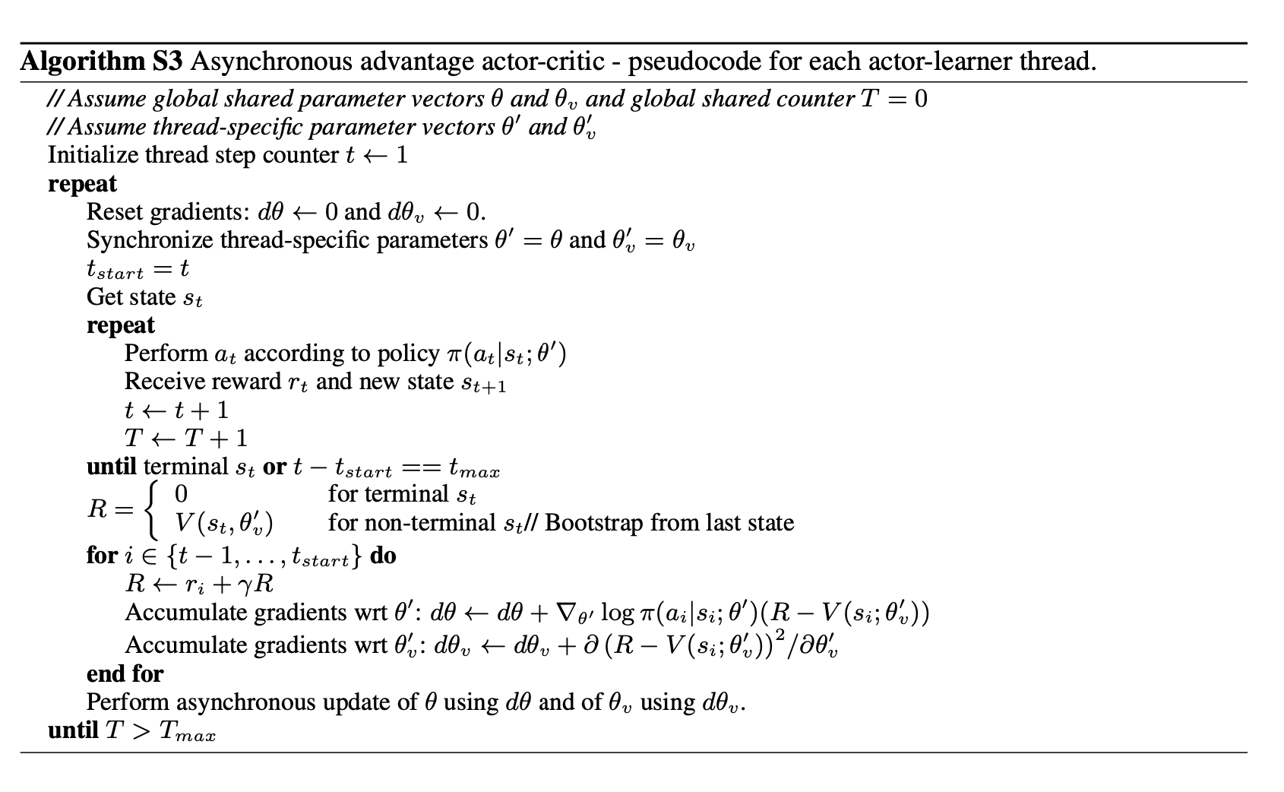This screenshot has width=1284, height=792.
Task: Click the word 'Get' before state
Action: [103, 296]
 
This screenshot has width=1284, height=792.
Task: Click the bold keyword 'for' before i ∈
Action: [102, 556]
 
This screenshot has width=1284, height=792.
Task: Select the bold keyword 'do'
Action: [383, 556]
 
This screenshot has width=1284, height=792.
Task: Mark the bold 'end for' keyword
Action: [125, 673]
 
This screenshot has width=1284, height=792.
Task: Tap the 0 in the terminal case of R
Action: [181, 495]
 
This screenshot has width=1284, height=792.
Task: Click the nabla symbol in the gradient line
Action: [565, 613]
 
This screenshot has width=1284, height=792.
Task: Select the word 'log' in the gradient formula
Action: [617, 613]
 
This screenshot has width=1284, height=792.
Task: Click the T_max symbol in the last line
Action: [187, 731]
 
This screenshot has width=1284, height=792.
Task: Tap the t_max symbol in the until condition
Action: [474, 468]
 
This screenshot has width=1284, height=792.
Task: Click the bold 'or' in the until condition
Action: [274, 467]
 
